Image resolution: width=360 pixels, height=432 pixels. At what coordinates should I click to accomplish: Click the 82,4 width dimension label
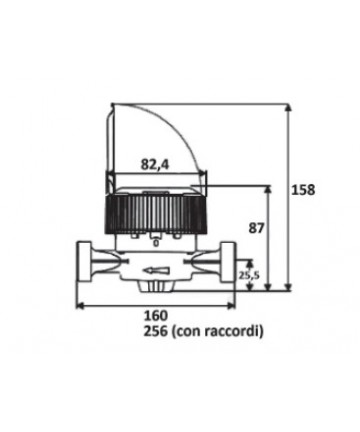coord(155,164)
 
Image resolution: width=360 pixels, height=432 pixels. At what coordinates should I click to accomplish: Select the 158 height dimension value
coord(303,190)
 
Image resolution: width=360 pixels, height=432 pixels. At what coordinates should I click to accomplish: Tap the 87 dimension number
coord(256,228)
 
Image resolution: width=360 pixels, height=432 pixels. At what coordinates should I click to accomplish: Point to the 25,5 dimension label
coord(249,275)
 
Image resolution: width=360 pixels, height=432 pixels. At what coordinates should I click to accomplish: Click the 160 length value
coord(155,315)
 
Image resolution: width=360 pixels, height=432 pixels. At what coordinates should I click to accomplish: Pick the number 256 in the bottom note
coord(155,331)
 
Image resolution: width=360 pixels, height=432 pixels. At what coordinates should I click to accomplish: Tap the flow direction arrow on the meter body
coord(158,271)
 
